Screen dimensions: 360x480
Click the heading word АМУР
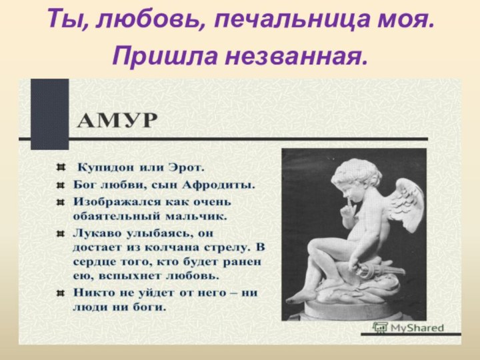tap(126, 121)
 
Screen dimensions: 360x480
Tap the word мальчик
tap(199, 217)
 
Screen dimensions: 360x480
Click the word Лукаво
tap(95, 234)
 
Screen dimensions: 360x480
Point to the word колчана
tap(153, 247)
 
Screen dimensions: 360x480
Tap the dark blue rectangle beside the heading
tap(50, 114)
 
